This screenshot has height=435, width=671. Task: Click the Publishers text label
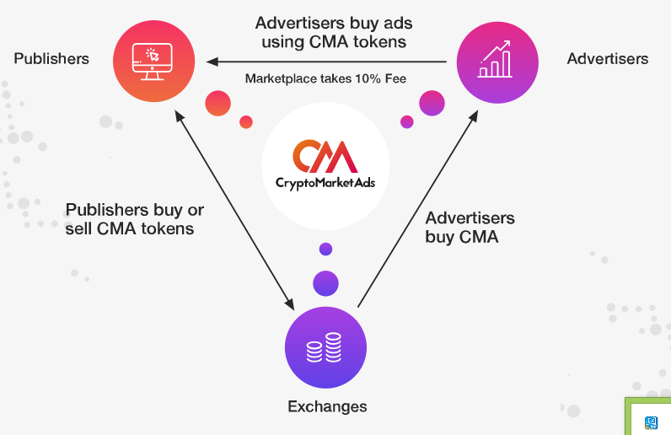click(51, 59)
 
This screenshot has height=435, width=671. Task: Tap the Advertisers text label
click(607, 59)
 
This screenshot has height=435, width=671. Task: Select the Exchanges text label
click(327, 406)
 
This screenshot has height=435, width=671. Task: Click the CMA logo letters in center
click(325, 157)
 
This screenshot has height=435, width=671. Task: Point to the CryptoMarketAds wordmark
click(325, 182)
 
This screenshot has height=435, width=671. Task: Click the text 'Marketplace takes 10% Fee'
click(325, 79)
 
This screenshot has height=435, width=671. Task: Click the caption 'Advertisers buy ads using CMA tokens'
click(334, 32)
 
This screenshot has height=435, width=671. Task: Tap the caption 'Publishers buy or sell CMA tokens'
click(134, 219)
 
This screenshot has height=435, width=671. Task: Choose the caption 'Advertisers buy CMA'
click(470, 228)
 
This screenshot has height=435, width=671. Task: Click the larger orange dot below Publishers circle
click(217, 104)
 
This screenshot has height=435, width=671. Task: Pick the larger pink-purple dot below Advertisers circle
click(432, 103)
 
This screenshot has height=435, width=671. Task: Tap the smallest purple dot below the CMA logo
click(325, 249)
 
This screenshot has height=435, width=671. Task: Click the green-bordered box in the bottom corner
click(647, 416)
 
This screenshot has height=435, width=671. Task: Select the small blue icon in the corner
click(651, 422)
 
